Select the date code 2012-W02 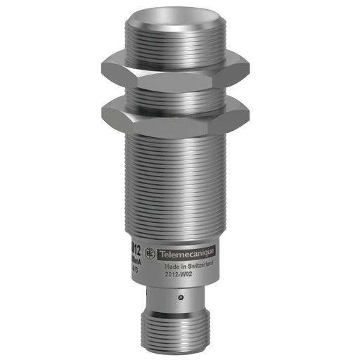(x=179, y=276)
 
